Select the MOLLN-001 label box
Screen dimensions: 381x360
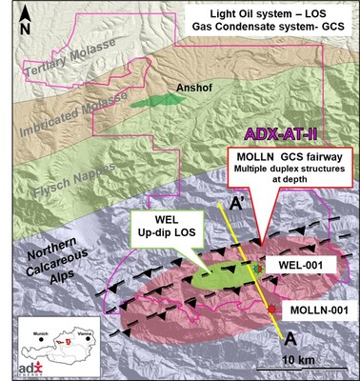tap(315, 310)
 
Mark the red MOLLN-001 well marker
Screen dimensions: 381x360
tap(272, 310)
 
